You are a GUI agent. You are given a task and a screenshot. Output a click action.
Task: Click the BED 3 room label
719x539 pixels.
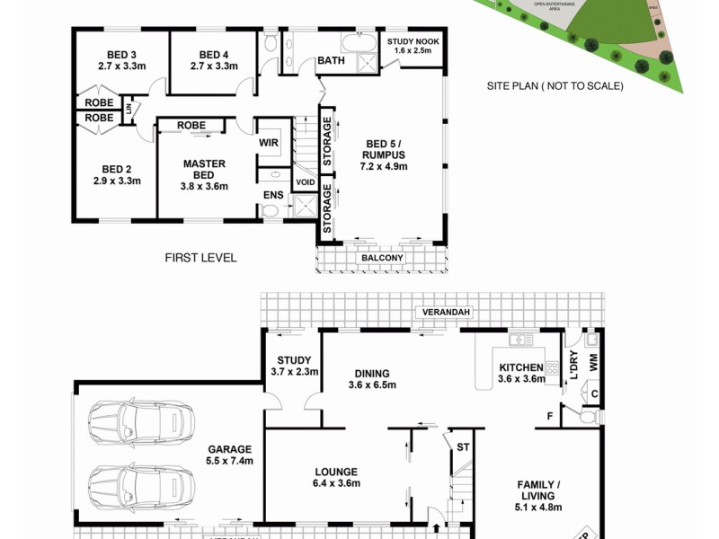pyautogui.click(x=116, y=54)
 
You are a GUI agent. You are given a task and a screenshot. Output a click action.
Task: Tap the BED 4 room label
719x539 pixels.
pyautogui.click(x=214, y=54)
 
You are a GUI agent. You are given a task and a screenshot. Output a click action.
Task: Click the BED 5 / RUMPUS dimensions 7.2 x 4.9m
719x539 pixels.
pyautogui.click(x=384, y=166)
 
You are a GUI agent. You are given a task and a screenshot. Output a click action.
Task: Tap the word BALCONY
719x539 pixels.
pyautogui.click(x=382, y=259)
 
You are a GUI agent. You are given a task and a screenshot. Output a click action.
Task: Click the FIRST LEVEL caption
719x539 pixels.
pyautogui.click(x=200, y=258)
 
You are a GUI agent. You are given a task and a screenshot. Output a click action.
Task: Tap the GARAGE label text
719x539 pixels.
pyautogui.click(x=231, y=449)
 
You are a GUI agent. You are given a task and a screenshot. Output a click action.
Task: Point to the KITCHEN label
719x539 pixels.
pyautogui.click(x=521, y=367)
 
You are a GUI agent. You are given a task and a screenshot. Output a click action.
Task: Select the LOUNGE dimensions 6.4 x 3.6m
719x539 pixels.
pyautogui.click(x=336, y=484)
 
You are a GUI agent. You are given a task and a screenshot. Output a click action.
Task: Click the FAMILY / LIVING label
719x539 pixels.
pyautogui.click(x=536, y=490)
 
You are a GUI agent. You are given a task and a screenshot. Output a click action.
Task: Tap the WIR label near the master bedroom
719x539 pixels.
pyautogui.click(x=268, y=141)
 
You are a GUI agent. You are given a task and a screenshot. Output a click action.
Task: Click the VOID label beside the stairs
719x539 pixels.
pyautogui.click(x=305, y=183)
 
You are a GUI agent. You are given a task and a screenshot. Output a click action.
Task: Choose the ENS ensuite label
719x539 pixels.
pyautogui.click(x=272, y=195)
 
